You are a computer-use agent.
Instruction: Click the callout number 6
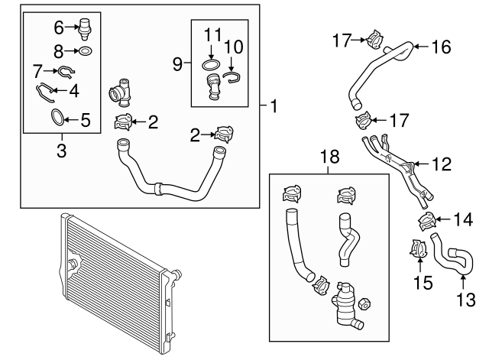59,28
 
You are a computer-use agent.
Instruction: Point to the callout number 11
213,34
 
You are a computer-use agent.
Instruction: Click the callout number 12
442,163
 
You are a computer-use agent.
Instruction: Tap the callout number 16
441,47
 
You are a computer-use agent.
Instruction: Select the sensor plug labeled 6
86,30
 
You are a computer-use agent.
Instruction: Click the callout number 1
273,106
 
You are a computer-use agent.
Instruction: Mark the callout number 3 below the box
61,151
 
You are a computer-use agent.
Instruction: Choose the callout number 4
74,90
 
